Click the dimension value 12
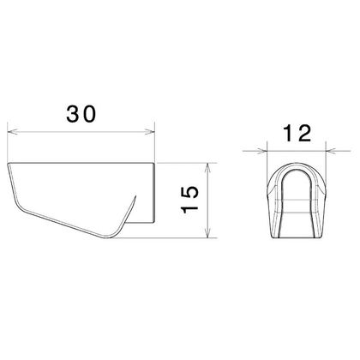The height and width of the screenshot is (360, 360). [296, 134]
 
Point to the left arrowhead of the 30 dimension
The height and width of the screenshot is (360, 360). [10, 131]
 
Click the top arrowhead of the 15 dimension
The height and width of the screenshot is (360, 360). [210, 165]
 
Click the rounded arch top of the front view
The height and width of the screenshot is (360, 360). [297, 164]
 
